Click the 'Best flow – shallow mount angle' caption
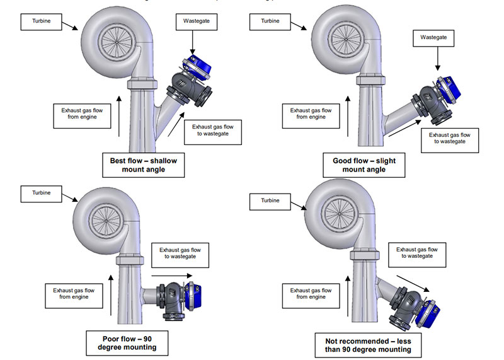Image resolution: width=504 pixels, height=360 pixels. (143, 166)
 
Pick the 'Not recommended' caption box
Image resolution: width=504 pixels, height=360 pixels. (369, 342)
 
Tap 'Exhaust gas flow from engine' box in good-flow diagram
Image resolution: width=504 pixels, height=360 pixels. (311, 113)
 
